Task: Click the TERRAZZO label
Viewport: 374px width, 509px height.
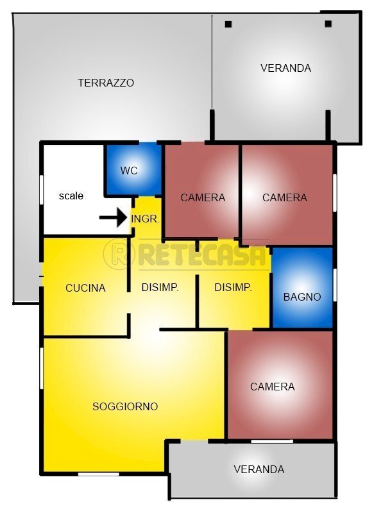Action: pos(106,83)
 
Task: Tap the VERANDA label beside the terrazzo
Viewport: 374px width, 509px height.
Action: pos(285,68)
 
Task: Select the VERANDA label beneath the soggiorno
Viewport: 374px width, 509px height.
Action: pos(259,469)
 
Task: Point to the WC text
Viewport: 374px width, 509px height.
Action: pos(129,171)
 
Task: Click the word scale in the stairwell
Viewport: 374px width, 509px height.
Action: pos(71,196)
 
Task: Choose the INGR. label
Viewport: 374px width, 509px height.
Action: pos(145,219)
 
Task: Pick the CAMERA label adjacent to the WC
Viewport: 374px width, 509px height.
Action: pos(203,197)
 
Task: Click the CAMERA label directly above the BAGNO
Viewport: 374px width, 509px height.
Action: pos(285,197)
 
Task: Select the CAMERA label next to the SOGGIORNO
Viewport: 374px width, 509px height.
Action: pos(273,387)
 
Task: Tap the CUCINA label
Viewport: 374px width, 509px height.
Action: pos(85,288)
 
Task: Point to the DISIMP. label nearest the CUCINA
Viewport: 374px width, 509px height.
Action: pos(160,287)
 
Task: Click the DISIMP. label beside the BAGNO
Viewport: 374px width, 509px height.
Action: pos(233,287)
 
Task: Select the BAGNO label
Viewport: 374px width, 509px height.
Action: pos(302,297)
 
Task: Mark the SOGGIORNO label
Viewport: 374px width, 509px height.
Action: pos(125,406)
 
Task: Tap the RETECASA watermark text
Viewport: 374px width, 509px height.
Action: pos(202,254)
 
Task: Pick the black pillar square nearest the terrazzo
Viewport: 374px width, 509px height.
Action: pos(228,24)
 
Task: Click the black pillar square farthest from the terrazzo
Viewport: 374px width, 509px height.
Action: pos(328,24)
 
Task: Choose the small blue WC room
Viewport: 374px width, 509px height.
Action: pos(133,169)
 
